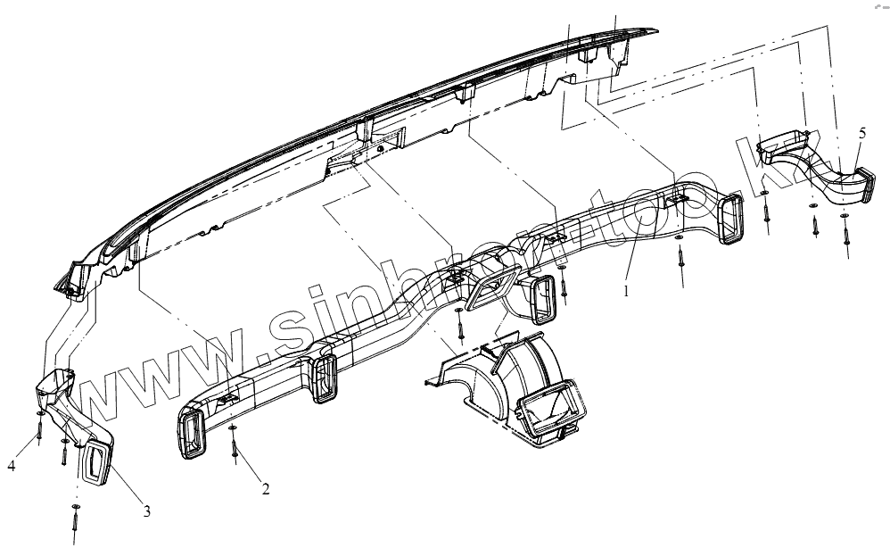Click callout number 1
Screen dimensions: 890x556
626,291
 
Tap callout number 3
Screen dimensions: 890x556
147,511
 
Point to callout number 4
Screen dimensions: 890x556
12,465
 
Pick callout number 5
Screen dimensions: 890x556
862,133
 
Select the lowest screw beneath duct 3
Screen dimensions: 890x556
75,518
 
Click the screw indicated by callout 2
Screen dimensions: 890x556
233,444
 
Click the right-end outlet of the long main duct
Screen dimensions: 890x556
737,219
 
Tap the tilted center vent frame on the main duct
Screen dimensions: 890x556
490,290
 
